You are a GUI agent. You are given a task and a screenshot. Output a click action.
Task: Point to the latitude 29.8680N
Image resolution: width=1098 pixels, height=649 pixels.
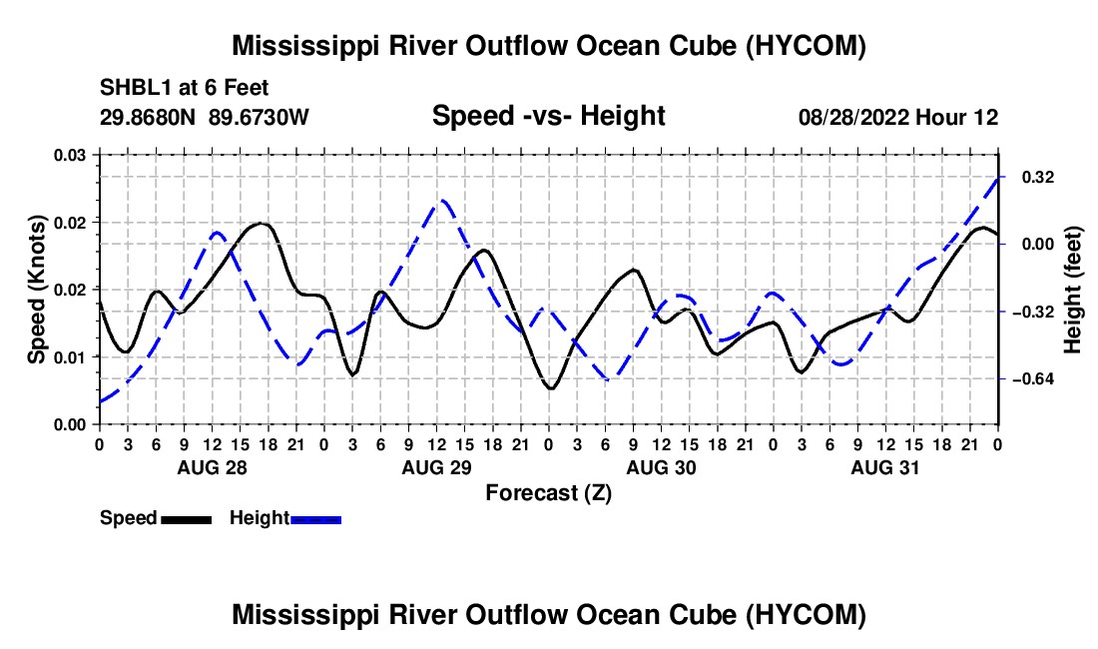[x=148, y=117]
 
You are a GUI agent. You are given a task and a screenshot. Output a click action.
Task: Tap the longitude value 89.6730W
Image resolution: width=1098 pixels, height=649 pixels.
[x=259, y=117]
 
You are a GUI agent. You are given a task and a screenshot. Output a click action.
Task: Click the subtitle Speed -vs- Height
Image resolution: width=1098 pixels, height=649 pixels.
[x=548, y=116]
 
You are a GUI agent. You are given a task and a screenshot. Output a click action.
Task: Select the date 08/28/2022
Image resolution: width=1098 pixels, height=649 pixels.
[x=852, y=117]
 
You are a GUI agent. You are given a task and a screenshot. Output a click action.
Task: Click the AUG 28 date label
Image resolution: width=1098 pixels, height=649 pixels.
[x=213, y=467]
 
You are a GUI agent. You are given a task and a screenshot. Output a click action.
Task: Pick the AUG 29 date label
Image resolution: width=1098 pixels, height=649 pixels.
[x=437, y=467]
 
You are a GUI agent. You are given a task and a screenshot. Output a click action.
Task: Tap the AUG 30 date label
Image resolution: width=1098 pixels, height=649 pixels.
[x=661, y=467]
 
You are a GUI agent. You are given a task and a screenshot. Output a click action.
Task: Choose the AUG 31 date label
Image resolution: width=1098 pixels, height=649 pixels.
[x=885, y=467]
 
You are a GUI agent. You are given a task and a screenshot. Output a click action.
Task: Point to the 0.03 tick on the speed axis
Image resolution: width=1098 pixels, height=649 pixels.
[x=70, y=155]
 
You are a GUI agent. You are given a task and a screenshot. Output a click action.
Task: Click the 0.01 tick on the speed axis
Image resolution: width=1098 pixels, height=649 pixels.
[x=70, y=357]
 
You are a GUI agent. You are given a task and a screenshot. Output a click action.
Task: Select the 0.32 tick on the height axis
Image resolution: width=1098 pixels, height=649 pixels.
[x=1038, y=177]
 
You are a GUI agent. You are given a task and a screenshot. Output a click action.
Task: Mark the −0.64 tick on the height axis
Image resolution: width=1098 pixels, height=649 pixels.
[x=1033, y=378]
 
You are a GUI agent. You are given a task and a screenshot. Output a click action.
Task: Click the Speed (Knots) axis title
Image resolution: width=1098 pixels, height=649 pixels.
[x=36, y=290]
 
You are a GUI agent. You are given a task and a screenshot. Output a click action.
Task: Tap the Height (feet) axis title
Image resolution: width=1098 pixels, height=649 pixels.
[x=1072, y=290]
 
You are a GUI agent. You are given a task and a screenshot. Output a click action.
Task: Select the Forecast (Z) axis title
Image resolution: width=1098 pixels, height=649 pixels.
[x=548, y=493]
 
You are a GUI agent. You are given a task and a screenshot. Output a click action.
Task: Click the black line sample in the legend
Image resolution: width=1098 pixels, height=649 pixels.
[x=187, y=519]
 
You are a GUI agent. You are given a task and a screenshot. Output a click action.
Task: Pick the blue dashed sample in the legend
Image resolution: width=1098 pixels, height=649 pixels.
[x=315, y=519]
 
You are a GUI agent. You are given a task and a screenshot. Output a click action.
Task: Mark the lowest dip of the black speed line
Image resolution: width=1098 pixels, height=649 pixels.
[x=551, y=387]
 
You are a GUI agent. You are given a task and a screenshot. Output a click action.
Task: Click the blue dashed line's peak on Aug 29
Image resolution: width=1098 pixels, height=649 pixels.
[x=442, y=202]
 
